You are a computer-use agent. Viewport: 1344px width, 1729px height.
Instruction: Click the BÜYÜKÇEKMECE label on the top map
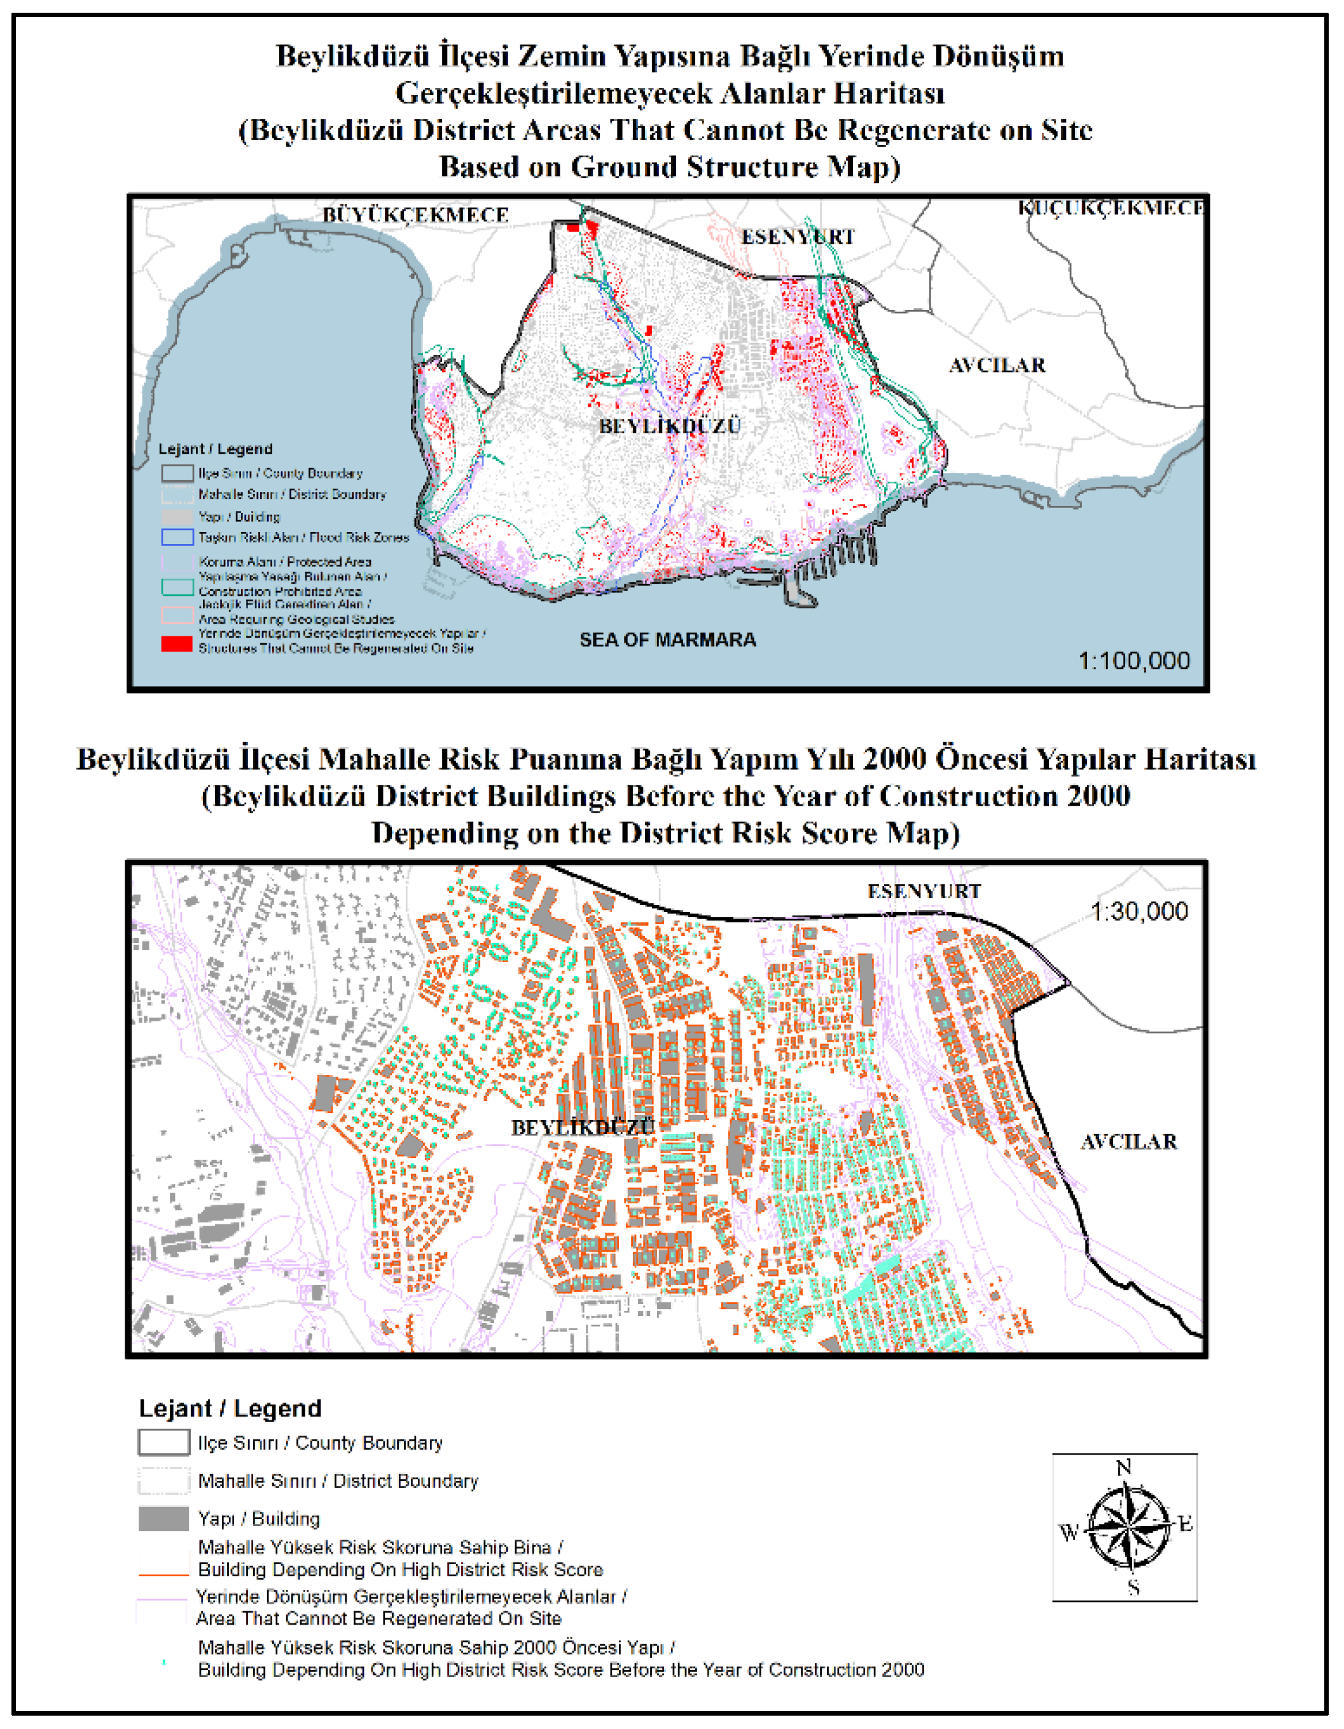point(415,214)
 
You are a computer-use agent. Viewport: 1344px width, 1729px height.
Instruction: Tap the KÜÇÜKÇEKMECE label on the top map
point(1110,207)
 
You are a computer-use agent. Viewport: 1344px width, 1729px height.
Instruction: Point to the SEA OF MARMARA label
point(667,640)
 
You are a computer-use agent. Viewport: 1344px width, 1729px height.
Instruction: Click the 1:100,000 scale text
point(1133,661)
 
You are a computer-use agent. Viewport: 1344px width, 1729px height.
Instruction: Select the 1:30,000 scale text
point(1139,911)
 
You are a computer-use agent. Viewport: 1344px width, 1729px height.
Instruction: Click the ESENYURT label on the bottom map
point(924,892)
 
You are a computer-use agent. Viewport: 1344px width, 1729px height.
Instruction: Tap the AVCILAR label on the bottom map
point(1129,1142)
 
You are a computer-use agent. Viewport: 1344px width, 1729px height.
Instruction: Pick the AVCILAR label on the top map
point(997,365)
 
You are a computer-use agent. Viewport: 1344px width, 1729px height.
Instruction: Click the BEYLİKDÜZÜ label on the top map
point(670,426)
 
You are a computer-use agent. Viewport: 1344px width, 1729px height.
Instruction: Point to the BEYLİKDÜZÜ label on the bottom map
point(583,1128)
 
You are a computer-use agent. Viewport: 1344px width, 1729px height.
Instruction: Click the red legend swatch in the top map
point(177,643)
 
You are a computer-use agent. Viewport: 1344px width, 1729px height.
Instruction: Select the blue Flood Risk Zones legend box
point(177,536)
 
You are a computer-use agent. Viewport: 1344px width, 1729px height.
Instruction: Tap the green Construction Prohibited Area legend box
point(177,587)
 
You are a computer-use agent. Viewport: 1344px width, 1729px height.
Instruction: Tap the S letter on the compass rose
point(1133,1587)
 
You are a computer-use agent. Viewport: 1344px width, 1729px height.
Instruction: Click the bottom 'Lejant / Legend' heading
point(230,1408)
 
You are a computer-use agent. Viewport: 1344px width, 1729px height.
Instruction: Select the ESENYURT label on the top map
point(798,237)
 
